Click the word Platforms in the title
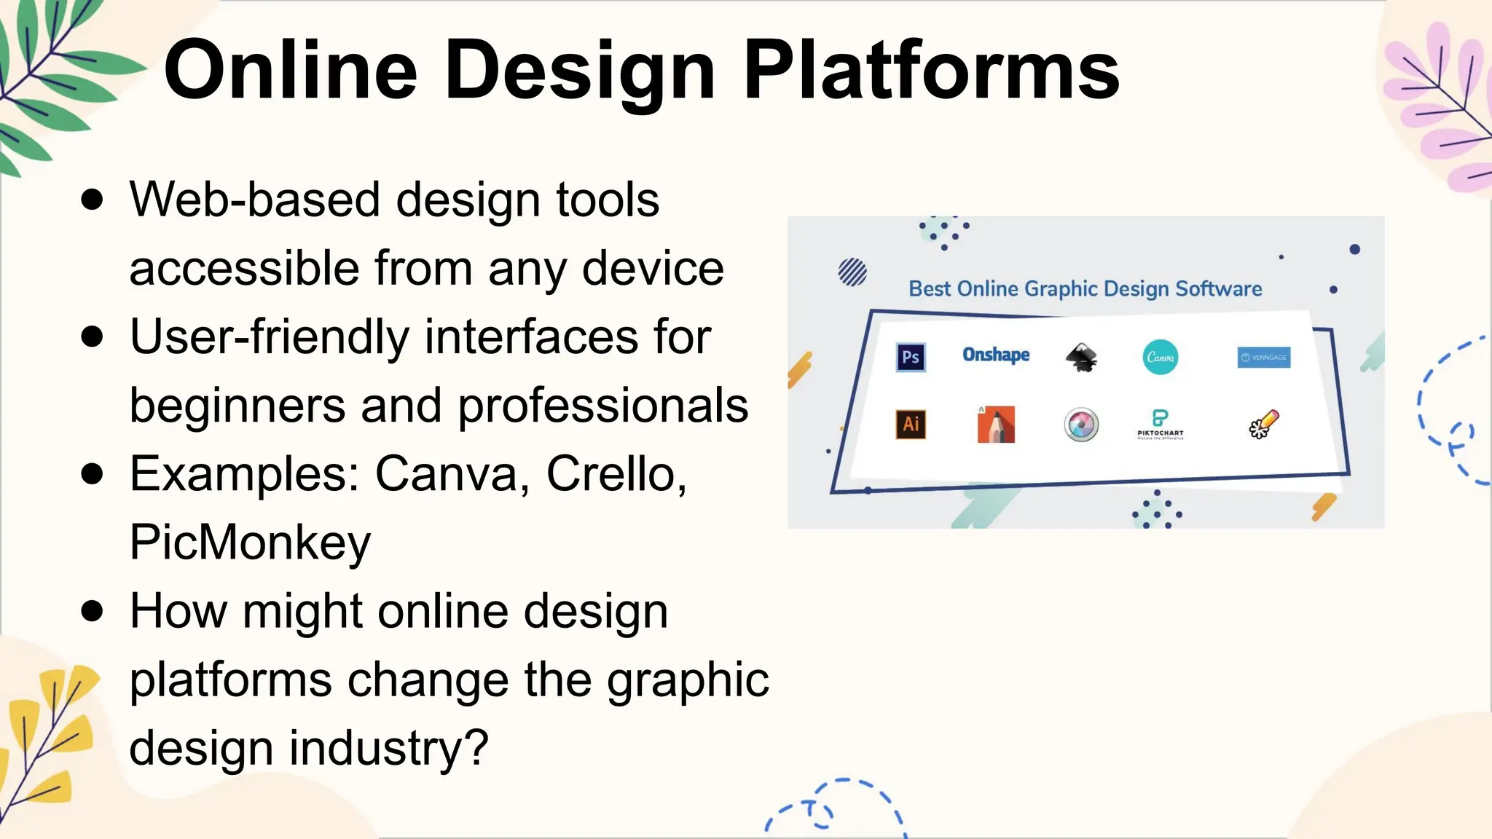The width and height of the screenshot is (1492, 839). (930, 71)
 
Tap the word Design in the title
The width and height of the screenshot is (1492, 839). (579, 71)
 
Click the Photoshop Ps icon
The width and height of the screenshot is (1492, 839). (911, 357)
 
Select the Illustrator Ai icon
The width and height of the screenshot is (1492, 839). (911, 424)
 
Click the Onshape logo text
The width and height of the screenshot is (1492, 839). (996, 355)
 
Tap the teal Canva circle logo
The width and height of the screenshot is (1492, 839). (1160, 357)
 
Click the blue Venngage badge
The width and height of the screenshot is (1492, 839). (1264, 357)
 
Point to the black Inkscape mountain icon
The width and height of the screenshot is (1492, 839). (1081, 357)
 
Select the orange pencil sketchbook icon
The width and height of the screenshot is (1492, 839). (996, 424)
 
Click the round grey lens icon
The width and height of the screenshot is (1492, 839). (1081, 425)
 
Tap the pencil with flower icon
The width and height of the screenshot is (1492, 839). (1264, 424)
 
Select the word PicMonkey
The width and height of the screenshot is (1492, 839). (250, 543)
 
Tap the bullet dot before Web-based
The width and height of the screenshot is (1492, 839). (93, 199)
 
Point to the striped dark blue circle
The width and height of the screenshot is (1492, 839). (852, 272)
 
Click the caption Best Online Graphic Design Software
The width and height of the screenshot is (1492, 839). (1085, 289)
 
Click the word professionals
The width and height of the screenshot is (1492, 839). (602, 406)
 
